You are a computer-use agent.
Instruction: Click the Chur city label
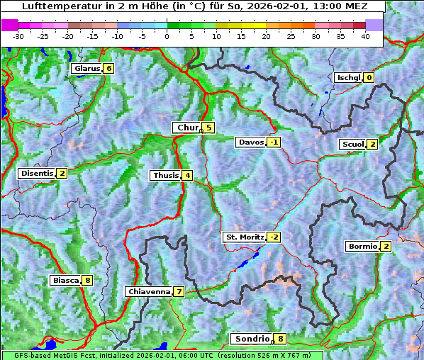[x=187, y=128]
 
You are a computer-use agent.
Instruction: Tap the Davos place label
[x=251, y=142]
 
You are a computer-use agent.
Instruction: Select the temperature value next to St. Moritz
[x=274, y=237]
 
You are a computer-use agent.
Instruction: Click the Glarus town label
[x=86, y=69]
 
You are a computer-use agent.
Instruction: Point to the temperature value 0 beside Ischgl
[x=369, y=77]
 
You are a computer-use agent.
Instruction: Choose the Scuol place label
[x=352, y=144]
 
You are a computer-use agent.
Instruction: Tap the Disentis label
[x=37, y=173]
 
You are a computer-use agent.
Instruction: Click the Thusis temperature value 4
[x=187, y=175]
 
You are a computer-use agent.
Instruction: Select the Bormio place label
[x=362, y=247]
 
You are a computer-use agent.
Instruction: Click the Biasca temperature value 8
[x=87, y=280]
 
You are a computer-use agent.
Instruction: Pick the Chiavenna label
[x=148, y=291]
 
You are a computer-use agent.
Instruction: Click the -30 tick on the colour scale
[x=19, y=35]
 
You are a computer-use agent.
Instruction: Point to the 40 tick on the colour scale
[x=365, y=35]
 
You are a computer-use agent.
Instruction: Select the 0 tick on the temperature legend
[x=167, y=35]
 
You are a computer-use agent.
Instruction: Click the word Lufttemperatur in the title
[x=52, y=6]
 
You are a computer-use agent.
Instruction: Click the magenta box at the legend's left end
[x=10, y=25]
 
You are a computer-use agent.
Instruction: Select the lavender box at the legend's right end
[x=374, y=25]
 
